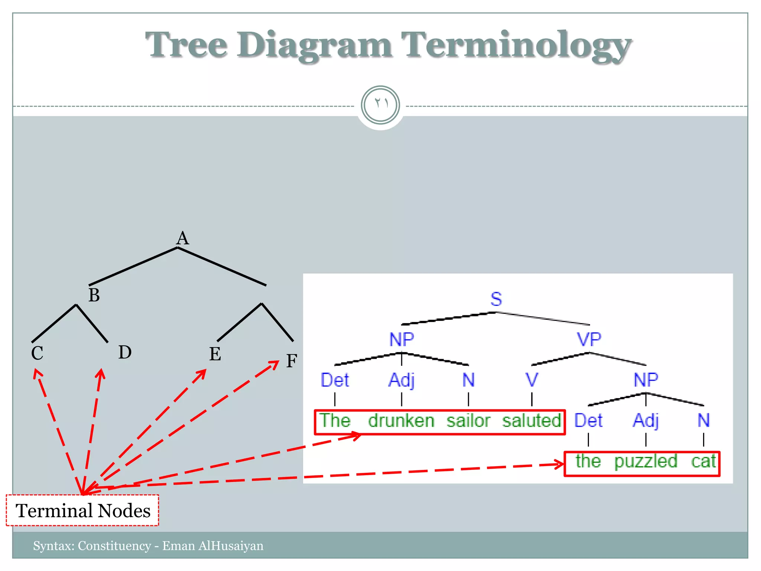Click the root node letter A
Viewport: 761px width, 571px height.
click(x=182, y=238)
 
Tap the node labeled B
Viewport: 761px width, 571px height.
click(x=94, y=295)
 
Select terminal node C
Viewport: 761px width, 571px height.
click(x=37, y=353)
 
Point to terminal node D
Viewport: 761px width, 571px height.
click(x=125, y=352)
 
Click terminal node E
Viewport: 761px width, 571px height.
click(x=215, y=354)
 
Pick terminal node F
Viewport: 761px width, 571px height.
click(x=292, y=361)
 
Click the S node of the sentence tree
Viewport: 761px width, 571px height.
click(x=496, y=299)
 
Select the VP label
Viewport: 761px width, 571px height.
click(x=589, y=339)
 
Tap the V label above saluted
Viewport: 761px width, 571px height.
click(x=532, y=380)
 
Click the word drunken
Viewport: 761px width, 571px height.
click(x=401, y=421)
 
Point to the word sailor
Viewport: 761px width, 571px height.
click(x=468, y=421)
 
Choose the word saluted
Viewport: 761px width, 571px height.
click(x=532, y=421)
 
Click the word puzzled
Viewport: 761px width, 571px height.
click(x=646, y=461)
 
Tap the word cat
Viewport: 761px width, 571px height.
click(x=703, y=461)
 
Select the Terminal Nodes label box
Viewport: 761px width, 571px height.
click(x=82, y=510)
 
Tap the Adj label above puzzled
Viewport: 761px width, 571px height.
click(x=646, y=421)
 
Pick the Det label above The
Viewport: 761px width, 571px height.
click(x=335, y=380)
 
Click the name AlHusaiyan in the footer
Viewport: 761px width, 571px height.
click(x=231, y=546)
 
